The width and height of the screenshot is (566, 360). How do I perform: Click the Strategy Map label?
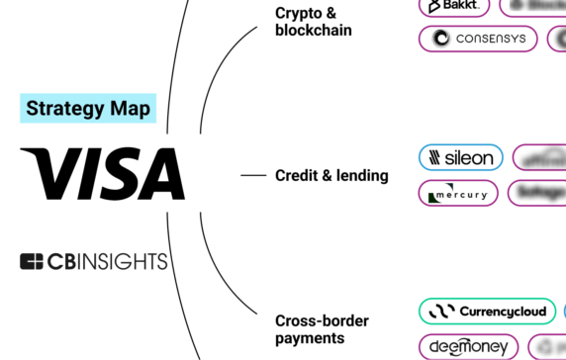[89, 109]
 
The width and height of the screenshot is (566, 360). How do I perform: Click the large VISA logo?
[102, 174]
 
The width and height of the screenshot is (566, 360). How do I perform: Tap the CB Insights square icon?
[31, 262]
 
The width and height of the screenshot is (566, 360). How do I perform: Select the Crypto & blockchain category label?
[314, 21]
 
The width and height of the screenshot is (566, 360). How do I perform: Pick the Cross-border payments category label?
[323, 329]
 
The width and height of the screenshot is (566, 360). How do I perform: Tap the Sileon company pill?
[461, 158]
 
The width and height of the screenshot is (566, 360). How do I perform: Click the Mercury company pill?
[458, 193]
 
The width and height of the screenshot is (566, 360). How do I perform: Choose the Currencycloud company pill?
[487, 312]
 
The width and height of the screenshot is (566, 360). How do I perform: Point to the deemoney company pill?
[468, 347]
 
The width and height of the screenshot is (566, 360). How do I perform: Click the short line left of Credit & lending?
[254, 176]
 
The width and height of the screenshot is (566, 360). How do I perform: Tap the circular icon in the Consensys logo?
[440, 39]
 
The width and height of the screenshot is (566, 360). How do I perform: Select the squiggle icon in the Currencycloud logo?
[440, 312]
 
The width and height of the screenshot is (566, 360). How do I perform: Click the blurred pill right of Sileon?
[540, 158]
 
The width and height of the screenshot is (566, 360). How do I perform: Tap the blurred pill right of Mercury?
[537, 193]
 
